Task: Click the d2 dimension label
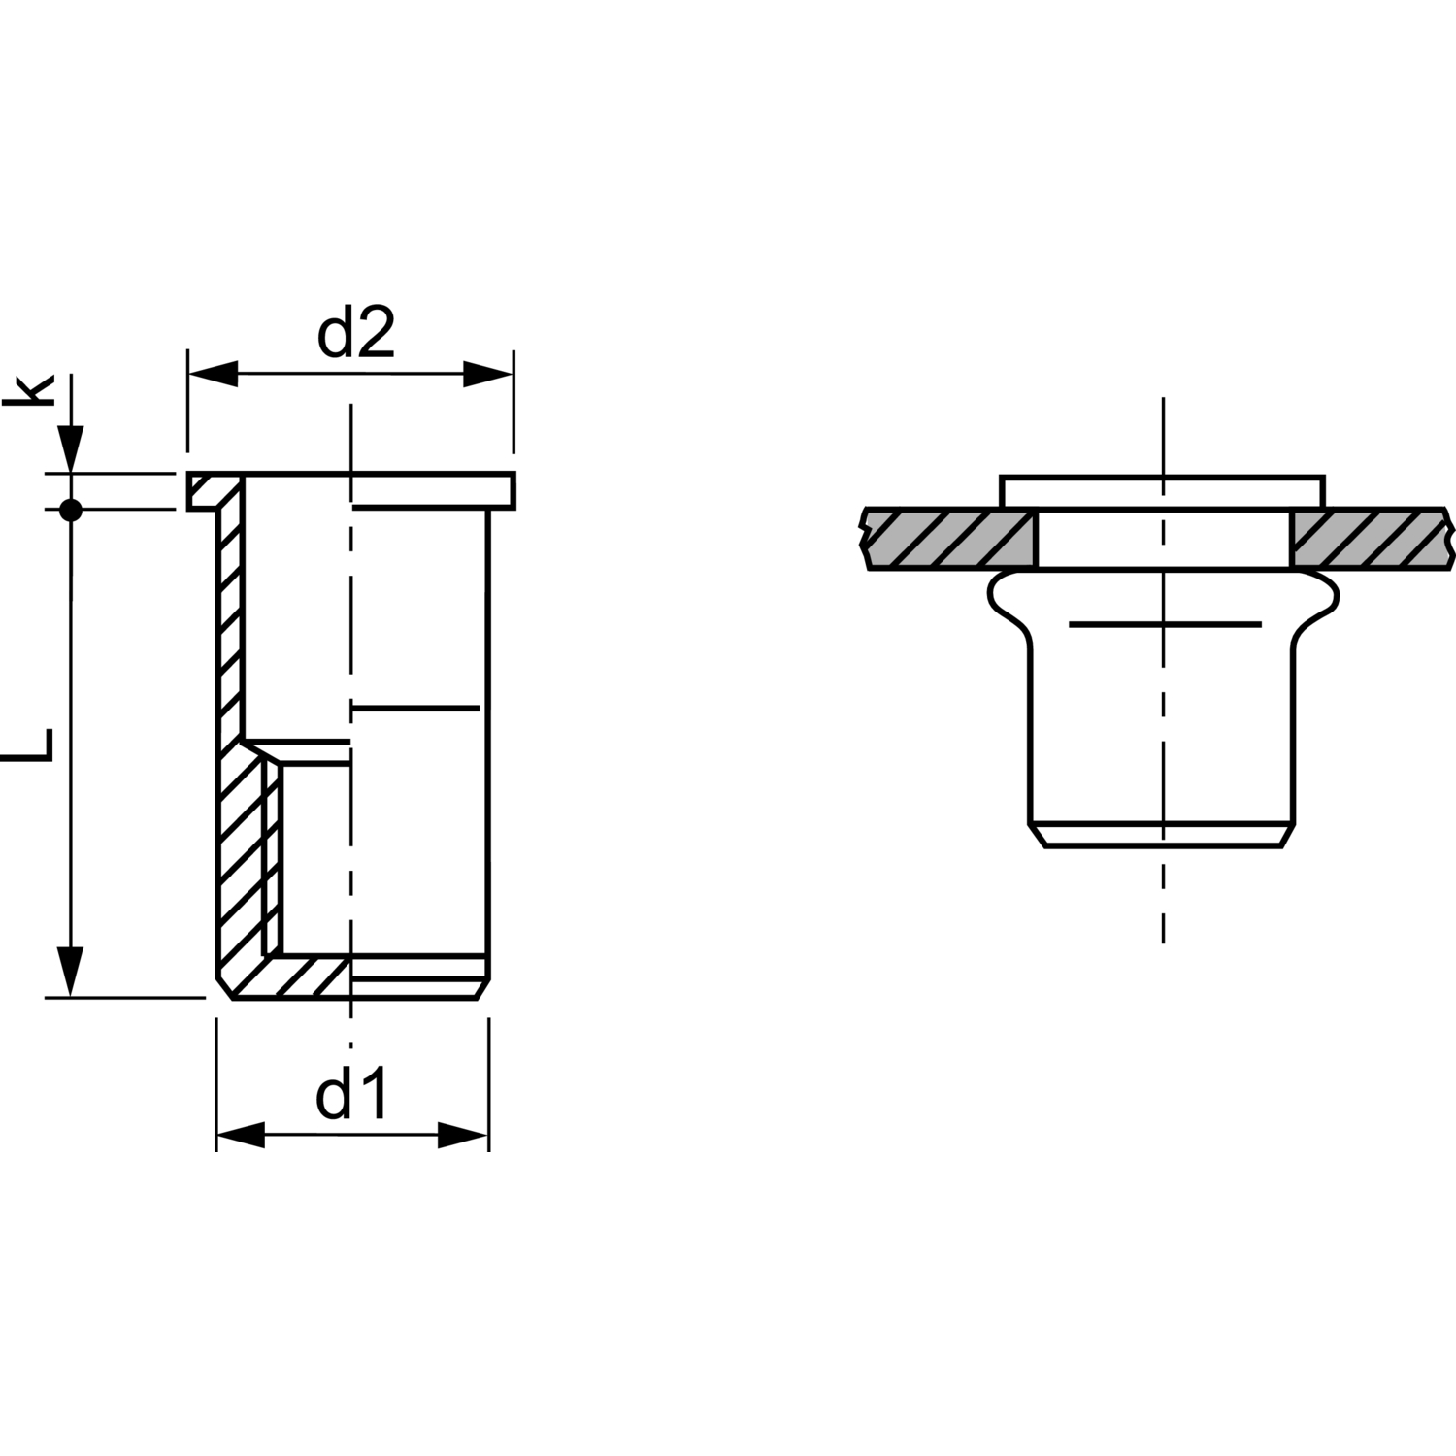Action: tap(356, 333)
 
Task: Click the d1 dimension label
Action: tap(351, 1094)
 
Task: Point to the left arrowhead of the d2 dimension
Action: tap(213, 374)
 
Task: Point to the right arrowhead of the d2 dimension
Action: tap(488, 374)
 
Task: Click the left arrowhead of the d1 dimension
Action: tap(240, 1135)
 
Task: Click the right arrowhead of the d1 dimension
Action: tap(463, 1135)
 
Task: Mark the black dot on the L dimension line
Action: tap(70, 509)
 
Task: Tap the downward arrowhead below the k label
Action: tap(70, 448)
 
